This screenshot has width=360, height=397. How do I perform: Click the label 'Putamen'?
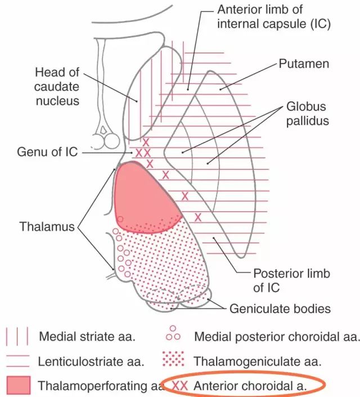click(x=304, y=64)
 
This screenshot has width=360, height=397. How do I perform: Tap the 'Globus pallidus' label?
click(x=307, y=114)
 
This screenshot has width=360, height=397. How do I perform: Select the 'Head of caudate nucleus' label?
click(x=57, y=87)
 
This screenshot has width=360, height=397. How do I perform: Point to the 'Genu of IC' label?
click(x=47, y=152)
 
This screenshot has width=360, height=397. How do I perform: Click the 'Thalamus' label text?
click(x=47, y=226)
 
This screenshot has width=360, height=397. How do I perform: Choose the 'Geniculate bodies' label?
click(x=280, y=309)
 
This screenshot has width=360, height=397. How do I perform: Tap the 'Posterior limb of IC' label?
click(x=292, y=280)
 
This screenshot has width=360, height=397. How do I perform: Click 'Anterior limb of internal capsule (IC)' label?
click(x=274, y=17)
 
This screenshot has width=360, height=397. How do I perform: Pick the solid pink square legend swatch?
click(x=19, y=385)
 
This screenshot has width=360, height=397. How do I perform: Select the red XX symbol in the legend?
click(x=180, y=386)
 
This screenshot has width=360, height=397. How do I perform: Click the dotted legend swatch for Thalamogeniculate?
click(x=173, y=359)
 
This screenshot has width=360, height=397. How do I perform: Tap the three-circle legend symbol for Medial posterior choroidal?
click(x=173, y=333)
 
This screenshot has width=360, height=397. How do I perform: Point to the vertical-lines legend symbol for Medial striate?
click(x=17, y=336)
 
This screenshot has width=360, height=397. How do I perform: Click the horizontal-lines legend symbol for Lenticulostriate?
click(x=18, y=361)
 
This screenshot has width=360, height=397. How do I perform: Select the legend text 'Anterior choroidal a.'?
click(x=250, y=386)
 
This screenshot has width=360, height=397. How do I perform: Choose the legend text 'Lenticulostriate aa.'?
click(x=91, y=362)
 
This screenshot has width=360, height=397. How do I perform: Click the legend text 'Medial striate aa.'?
click(x=87, y=337)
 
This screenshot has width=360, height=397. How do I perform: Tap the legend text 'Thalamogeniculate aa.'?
click(x=257, y=362)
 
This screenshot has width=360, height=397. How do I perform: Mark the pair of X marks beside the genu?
click(x=143, y=153)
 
